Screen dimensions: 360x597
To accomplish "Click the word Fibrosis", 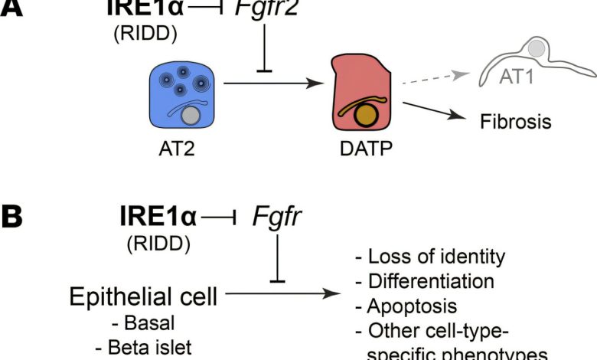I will tap(517, 121).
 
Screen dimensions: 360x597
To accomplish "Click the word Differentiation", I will tap(419, 281).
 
